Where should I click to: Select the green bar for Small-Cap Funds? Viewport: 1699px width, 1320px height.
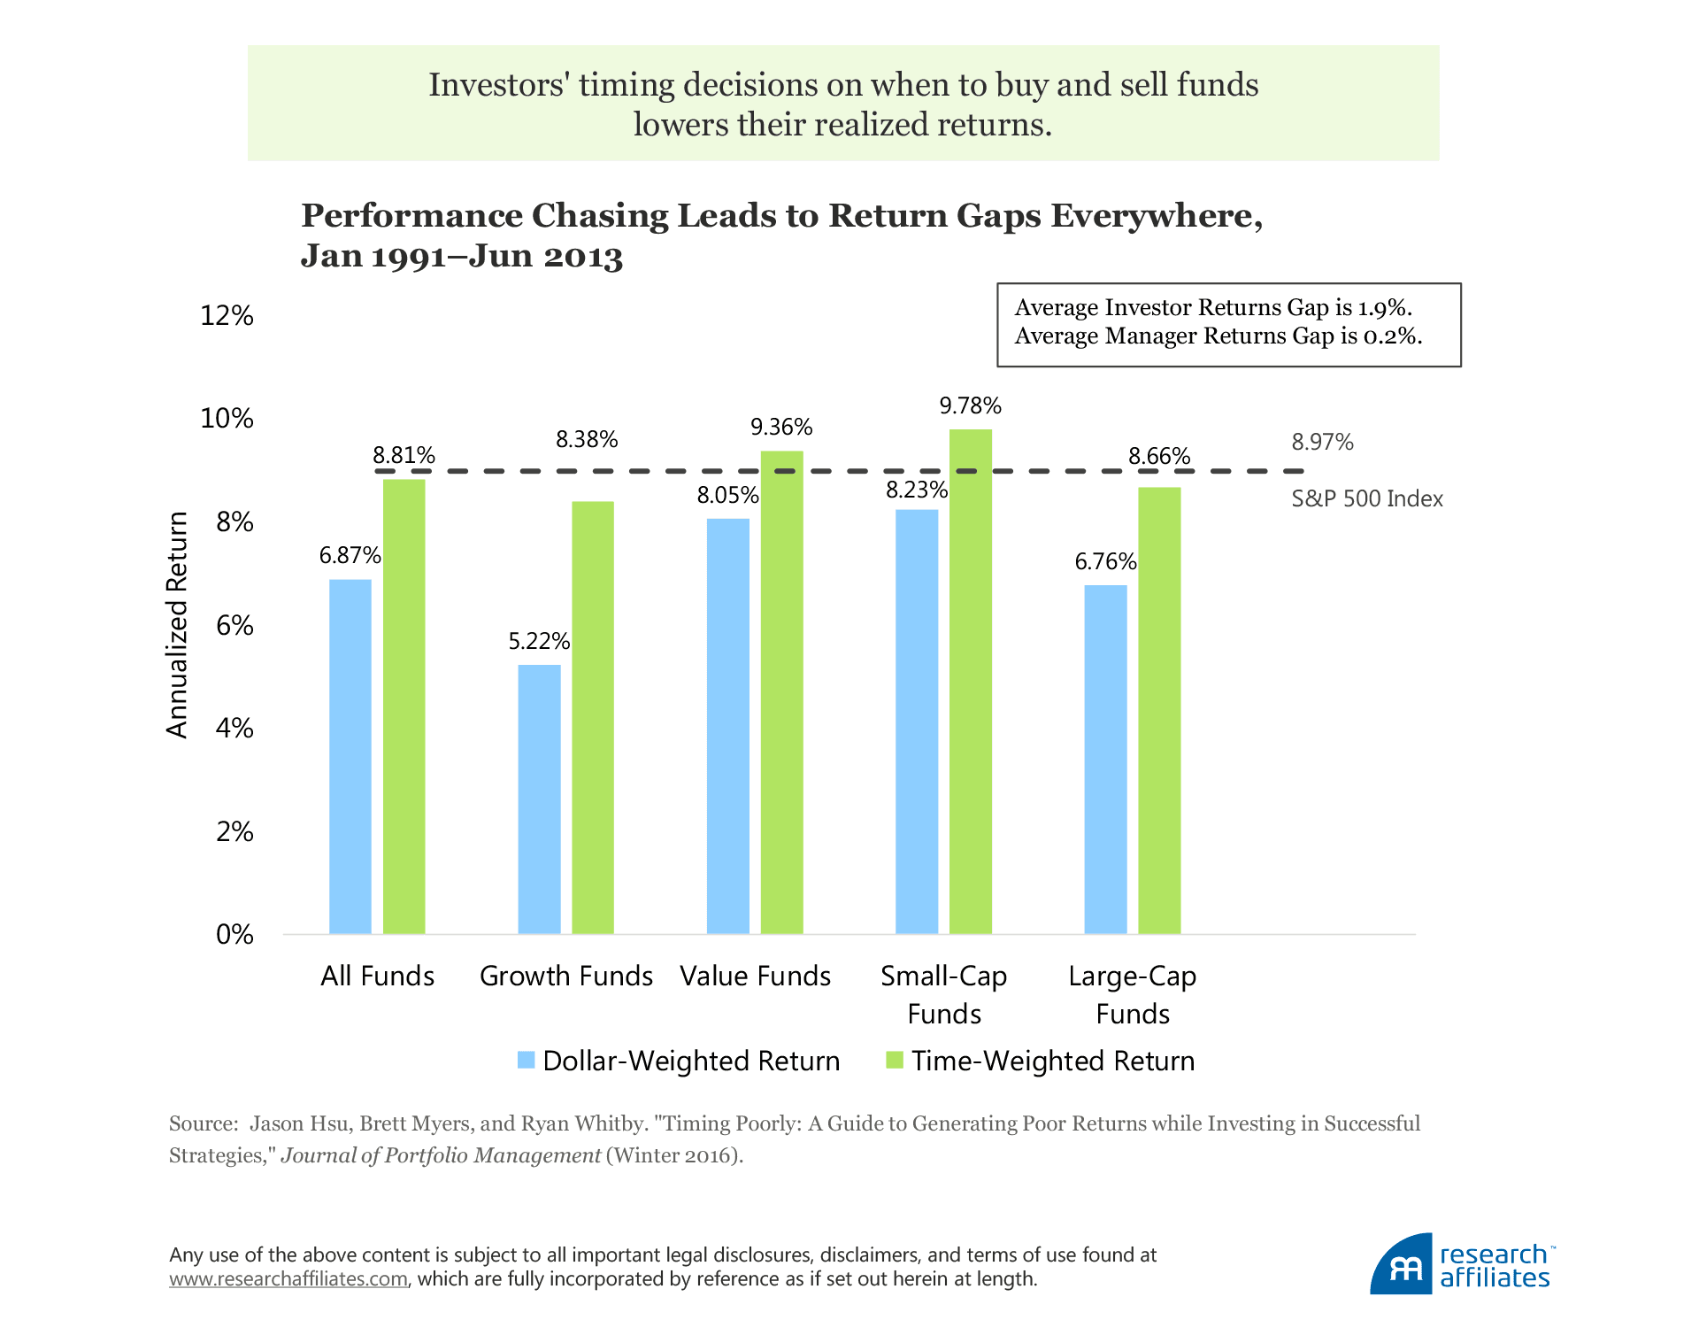coord(971,682)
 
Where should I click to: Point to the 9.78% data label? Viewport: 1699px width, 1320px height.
coord(971,406)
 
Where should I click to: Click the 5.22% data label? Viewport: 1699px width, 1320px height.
coord(539,641)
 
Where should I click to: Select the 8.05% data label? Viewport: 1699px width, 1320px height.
coord(727,495)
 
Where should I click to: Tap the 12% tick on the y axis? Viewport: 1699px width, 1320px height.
coord(227,315)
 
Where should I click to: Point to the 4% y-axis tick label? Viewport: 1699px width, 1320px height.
coord(234,728)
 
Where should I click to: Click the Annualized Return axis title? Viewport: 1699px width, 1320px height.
coord(178,625)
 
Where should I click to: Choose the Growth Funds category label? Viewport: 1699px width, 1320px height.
coord(566,976)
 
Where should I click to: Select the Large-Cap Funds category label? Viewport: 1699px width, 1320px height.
coord(1133,994)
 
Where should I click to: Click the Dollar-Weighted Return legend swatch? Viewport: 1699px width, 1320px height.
coord(527,1060)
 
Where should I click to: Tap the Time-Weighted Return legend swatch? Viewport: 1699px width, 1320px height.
coord(895,1060)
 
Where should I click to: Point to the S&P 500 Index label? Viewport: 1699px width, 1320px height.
coord(1367,498)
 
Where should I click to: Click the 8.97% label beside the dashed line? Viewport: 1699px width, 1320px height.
coord(1322,442)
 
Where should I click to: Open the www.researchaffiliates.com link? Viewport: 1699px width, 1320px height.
coord(288,1279)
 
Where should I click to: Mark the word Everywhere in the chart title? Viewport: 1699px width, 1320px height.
coord(1157,215)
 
